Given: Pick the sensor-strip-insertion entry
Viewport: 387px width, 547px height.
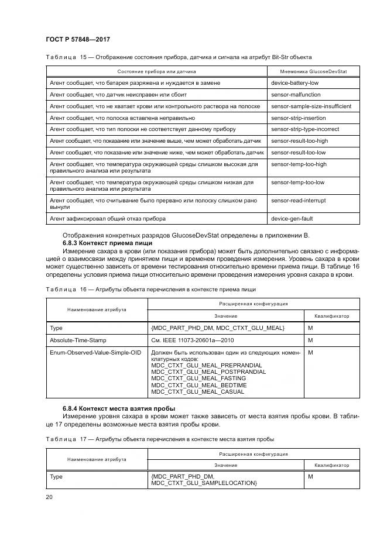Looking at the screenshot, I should coord(298,118).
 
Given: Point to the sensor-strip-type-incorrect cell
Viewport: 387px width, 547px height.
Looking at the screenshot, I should coord(305,129).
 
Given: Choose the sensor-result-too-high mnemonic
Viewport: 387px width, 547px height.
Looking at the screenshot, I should coord(299,141).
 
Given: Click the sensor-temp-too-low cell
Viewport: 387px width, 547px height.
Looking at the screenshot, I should coord(297,182).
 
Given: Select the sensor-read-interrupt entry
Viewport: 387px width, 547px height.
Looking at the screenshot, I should coord(299,200).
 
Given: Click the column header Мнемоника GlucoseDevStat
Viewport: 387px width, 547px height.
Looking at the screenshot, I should coord(310,71).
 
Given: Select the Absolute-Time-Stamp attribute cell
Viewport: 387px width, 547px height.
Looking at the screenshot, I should coord(78,339).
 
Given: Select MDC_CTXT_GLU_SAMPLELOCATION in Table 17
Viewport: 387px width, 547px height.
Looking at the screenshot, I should coord(204,483).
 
